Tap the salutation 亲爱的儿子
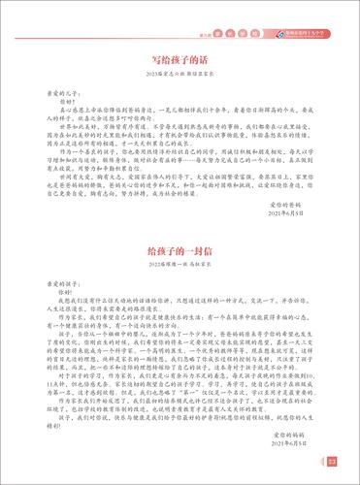coord(68,99)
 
